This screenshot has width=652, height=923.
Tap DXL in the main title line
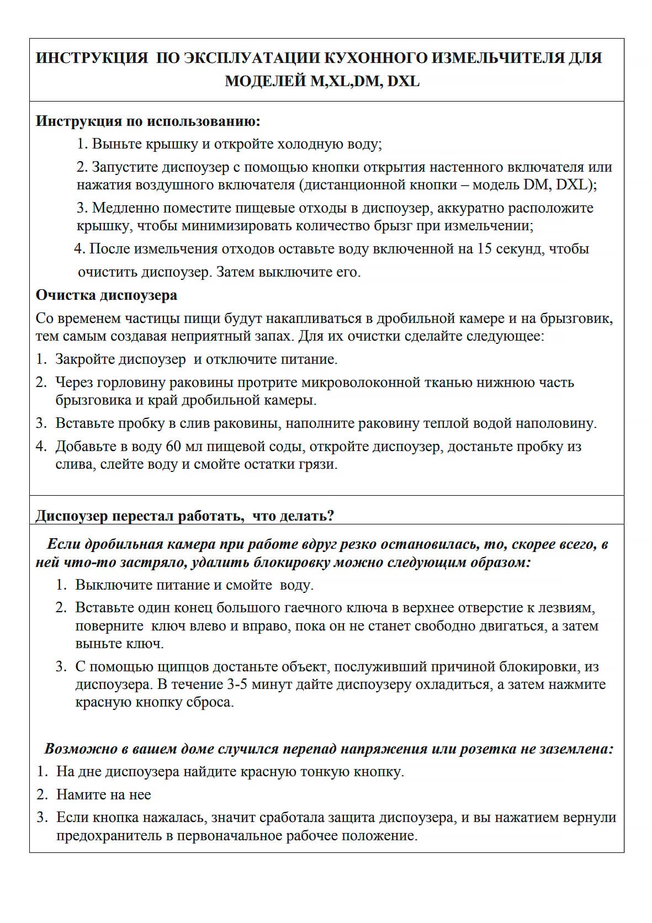tap(403, 81)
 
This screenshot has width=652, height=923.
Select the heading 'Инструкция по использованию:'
tap(148, 121)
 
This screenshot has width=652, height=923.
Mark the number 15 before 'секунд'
tap(484, 249)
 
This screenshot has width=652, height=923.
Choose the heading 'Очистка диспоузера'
tap(107, 295)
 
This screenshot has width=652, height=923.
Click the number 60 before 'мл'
tap(173, 447)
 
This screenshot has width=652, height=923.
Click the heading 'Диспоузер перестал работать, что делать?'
tap(185, 516)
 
